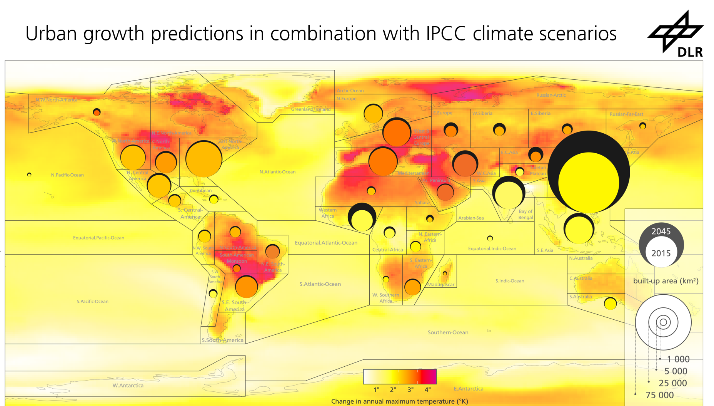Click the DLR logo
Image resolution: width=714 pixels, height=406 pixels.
676,35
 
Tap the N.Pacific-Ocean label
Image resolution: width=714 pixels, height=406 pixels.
67,175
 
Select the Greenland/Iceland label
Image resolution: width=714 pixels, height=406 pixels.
310,109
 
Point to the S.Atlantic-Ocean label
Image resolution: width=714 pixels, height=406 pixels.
320,284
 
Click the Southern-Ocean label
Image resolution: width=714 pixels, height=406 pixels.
448,332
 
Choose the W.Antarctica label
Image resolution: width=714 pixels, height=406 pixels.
128,386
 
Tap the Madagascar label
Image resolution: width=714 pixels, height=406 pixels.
441,285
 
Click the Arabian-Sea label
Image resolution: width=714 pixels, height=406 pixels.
471,218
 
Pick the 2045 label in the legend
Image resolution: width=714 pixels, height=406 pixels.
661,232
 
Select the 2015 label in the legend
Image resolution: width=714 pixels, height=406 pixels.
661,253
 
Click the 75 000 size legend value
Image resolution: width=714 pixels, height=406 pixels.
659,395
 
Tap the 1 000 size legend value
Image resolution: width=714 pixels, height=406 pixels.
678,359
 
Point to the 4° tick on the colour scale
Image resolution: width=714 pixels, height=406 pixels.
427,389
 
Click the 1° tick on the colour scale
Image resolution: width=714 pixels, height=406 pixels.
376,389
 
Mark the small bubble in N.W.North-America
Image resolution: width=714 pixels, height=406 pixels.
97,112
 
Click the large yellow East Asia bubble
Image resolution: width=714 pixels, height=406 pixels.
589,182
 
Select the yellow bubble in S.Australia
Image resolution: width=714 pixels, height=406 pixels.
610,304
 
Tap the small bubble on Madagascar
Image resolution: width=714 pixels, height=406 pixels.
445,273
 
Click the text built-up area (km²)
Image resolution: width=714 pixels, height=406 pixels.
666,281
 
